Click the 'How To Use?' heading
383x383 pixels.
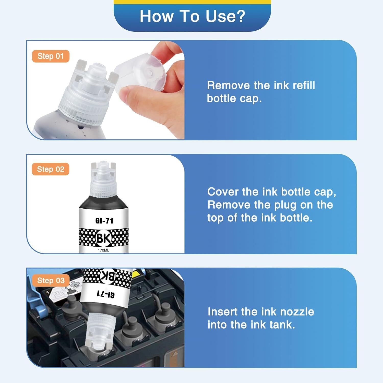pos(192,16)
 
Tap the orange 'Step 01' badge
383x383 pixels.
pos(51,56)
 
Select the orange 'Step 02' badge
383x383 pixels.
pos(51,169)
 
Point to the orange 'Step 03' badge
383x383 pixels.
pos(51,280)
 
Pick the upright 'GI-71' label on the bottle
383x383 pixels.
pos(104,221)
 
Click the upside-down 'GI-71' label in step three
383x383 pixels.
pos(105,294)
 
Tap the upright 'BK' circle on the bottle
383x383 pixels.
pos(104,238)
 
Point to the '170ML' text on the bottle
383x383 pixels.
pos(103,250)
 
